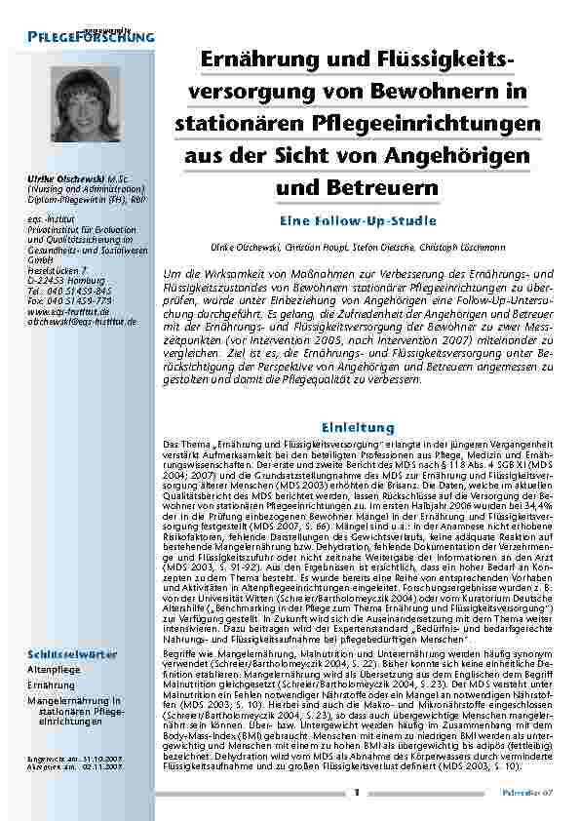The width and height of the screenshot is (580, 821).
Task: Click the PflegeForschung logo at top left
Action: pyautogui.click(x=91, y=35)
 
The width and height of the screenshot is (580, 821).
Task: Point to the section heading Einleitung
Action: pyautogui.click(x=357, y=427)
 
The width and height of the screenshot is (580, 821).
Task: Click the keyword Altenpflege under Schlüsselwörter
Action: pyautogui.click(x=54, y=699)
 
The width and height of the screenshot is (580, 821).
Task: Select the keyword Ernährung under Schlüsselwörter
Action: pyautogui.click(x=50, y=713)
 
